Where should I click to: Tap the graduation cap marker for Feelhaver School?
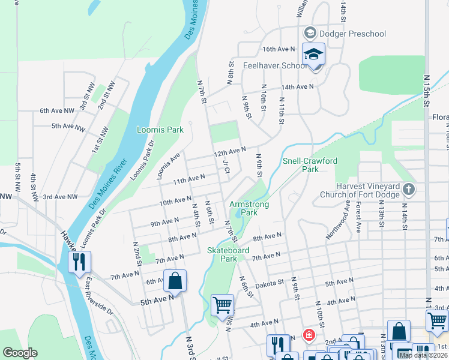click(313, 55)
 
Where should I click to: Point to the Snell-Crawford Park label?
click(310, 165)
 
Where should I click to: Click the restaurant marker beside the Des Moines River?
click(79, 262)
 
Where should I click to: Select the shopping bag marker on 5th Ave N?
click(175, 280)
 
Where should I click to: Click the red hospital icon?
click(309, 335)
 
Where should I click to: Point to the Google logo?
click(20, 353)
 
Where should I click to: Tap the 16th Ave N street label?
click(279, 49)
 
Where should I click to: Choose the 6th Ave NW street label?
click(57, 111)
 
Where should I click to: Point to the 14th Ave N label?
click(298, 87)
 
